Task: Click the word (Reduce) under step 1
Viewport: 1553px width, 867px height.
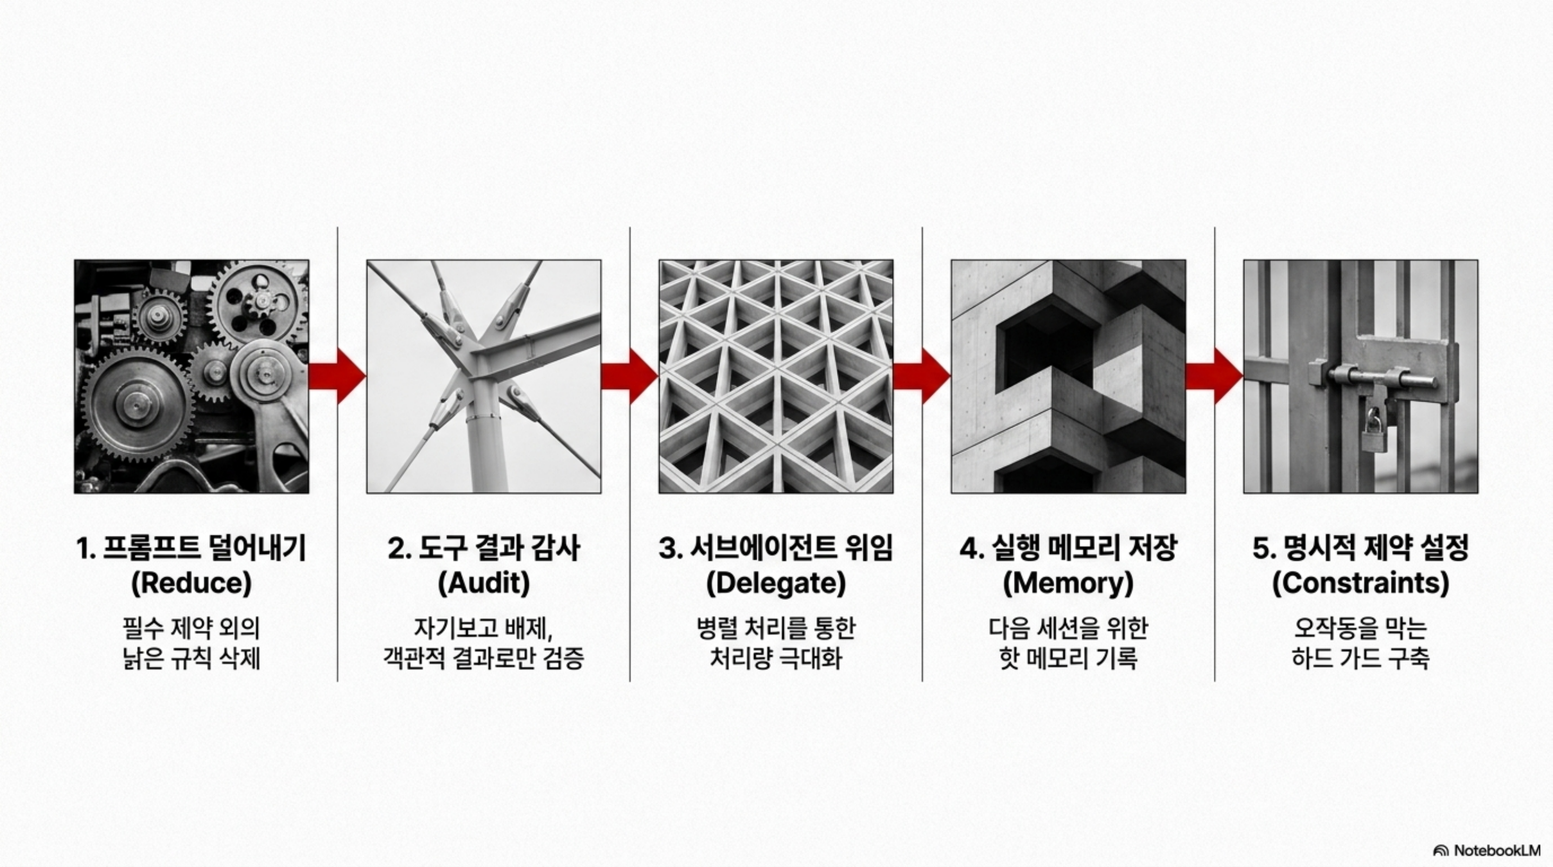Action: (191, 583)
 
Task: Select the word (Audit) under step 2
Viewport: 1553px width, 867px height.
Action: (484, 583)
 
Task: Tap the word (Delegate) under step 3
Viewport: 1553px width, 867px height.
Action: (776, 583)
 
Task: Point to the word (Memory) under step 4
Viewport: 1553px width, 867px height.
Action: (1068, 583)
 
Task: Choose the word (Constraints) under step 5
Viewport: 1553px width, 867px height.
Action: (1361, 583)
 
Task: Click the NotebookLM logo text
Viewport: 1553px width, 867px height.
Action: (1497, 850)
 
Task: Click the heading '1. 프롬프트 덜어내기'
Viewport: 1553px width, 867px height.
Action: (191, 548)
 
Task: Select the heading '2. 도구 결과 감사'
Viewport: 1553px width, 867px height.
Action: (484, 548)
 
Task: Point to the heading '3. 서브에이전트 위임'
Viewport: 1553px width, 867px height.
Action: (776, 548)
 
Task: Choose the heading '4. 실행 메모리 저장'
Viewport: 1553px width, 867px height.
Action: (1068, 548)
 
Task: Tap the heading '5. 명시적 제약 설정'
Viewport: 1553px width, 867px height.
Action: (1361, 548)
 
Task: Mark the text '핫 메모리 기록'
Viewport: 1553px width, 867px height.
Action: (1068, 658)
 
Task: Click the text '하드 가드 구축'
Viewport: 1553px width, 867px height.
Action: (1361, 658)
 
